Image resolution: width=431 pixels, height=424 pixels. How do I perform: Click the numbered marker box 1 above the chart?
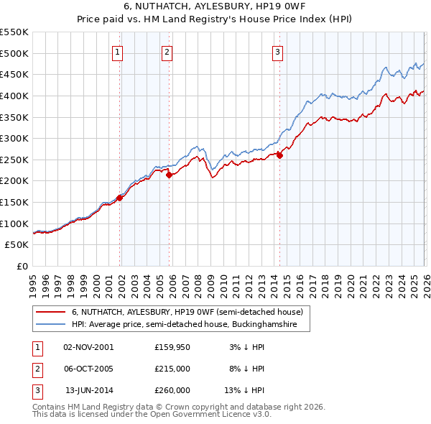(x=117, y=51)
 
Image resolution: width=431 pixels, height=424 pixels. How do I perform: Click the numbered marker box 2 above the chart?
(x=167, y=51)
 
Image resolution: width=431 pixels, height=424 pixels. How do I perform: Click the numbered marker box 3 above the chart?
(x=277, y=51)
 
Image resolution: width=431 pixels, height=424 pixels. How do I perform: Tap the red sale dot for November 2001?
(x=120, y=198)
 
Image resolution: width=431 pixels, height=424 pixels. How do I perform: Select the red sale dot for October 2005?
(x=170, y=175)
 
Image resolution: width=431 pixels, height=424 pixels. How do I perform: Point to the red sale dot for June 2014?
(x=280, y=155)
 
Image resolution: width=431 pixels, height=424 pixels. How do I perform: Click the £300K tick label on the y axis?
(x=14, y=138)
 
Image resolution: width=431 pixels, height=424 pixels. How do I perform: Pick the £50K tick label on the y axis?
(x=17, y=245)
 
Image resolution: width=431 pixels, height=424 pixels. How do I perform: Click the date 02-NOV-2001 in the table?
(x=88, y=347)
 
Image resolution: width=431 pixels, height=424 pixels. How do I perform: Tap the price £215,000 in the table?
(x=172, y=369)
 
